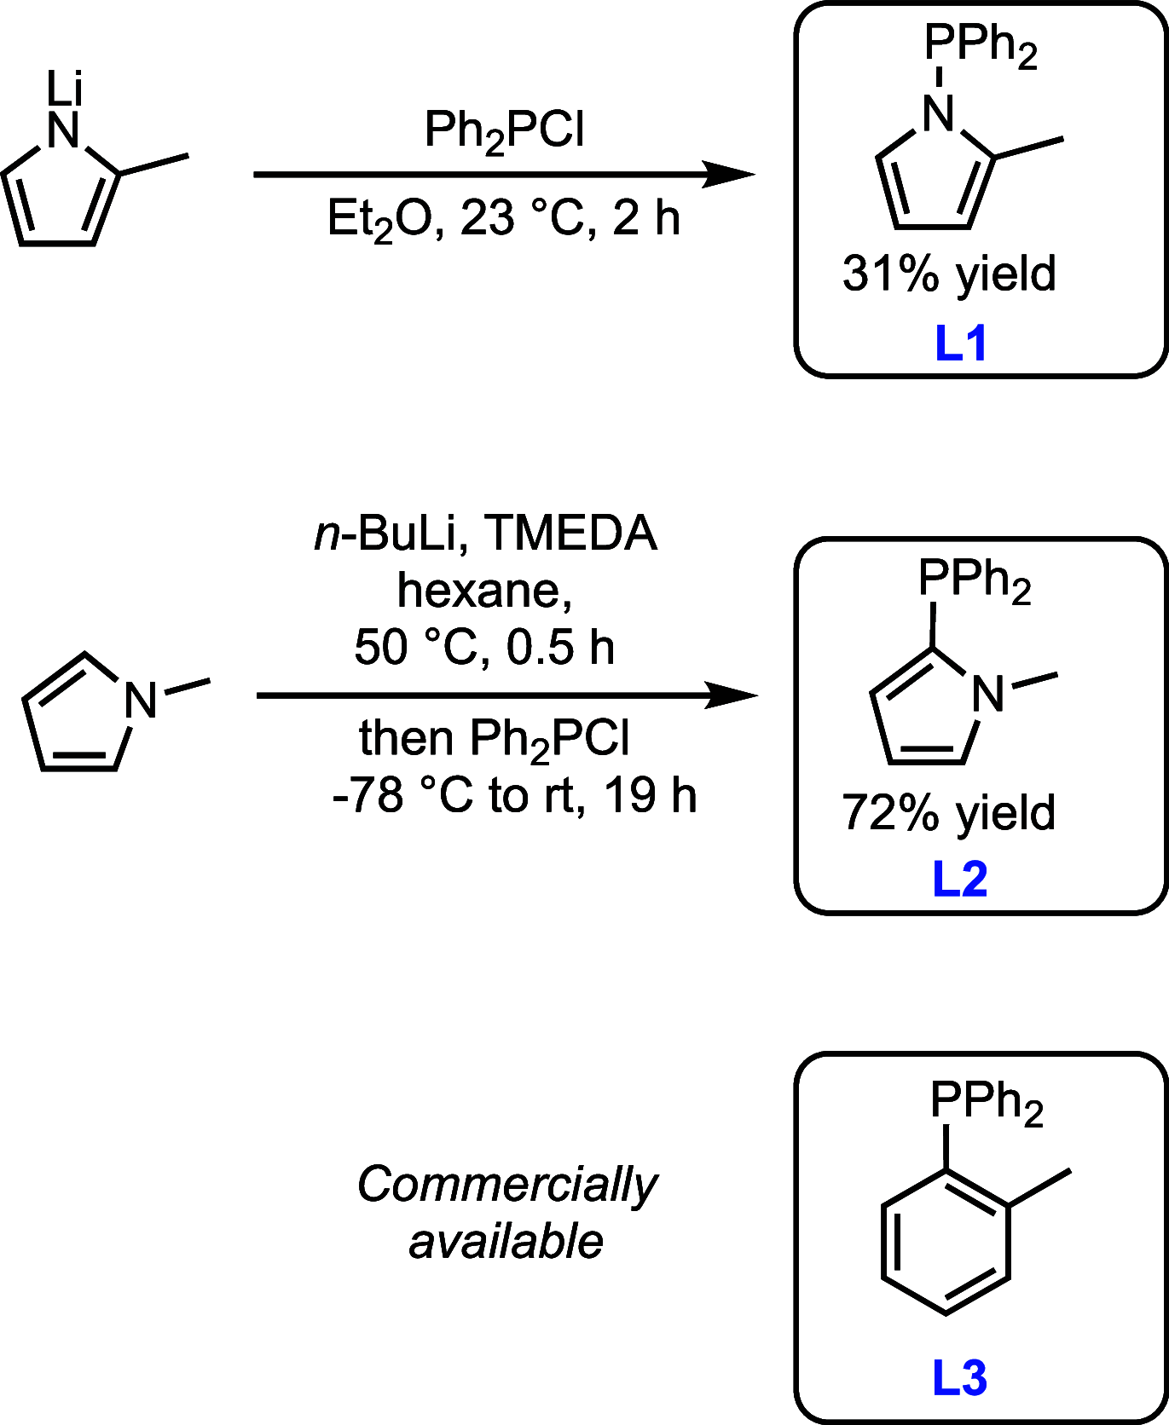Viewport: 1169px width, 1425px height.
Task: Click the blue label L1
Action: click(961, 343)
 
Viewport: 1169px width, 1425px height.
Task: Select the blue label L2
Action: click(960, 879)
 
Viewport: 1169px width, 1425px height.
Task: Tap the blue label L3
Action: click(960, 1378)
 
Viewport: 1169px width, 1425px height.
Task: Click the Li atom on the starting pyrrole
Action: click(64, 88)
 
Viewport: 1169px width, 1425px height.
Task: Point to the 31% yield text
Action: click(949, 274)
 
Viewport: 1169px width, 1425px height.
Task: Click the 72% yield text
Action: click(949, 812)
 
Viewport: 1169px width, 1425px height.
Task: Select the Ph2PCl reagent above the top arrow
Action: click(505, 132)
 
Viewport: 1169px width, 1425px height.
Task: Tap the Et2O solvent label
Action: click(372, 220)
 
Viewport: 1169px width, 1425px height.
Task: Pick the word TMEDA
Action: click(570, 534)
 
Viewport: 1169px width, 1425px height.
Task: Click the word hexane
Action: click(483, 590)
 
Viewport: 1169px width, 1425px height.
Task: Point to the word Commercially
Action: click(507, 1185)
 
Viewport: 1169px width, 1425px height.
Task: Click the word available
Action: click(506, 1241)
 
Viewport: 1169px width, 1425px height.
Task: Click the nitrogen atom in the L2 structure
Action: click(988, 694)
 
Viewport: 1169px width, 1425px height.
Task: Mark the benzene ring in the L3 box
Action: click(946, 1242)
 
